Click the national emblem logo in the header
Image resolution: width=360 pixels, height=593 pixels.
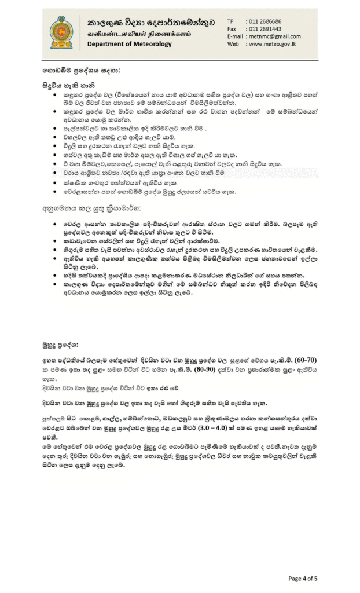tap(62, 32)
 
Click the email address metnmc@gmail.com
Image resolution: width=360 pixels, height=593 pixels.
tap(277, 36)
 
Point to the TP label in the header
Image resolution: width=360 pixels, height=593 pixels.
tap(230, 21)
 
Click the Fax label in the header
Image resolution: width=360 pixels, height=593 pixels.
tap(232, 28)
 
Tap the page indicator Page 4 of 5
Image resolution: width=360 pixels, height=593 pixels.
tap(302, 578)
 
